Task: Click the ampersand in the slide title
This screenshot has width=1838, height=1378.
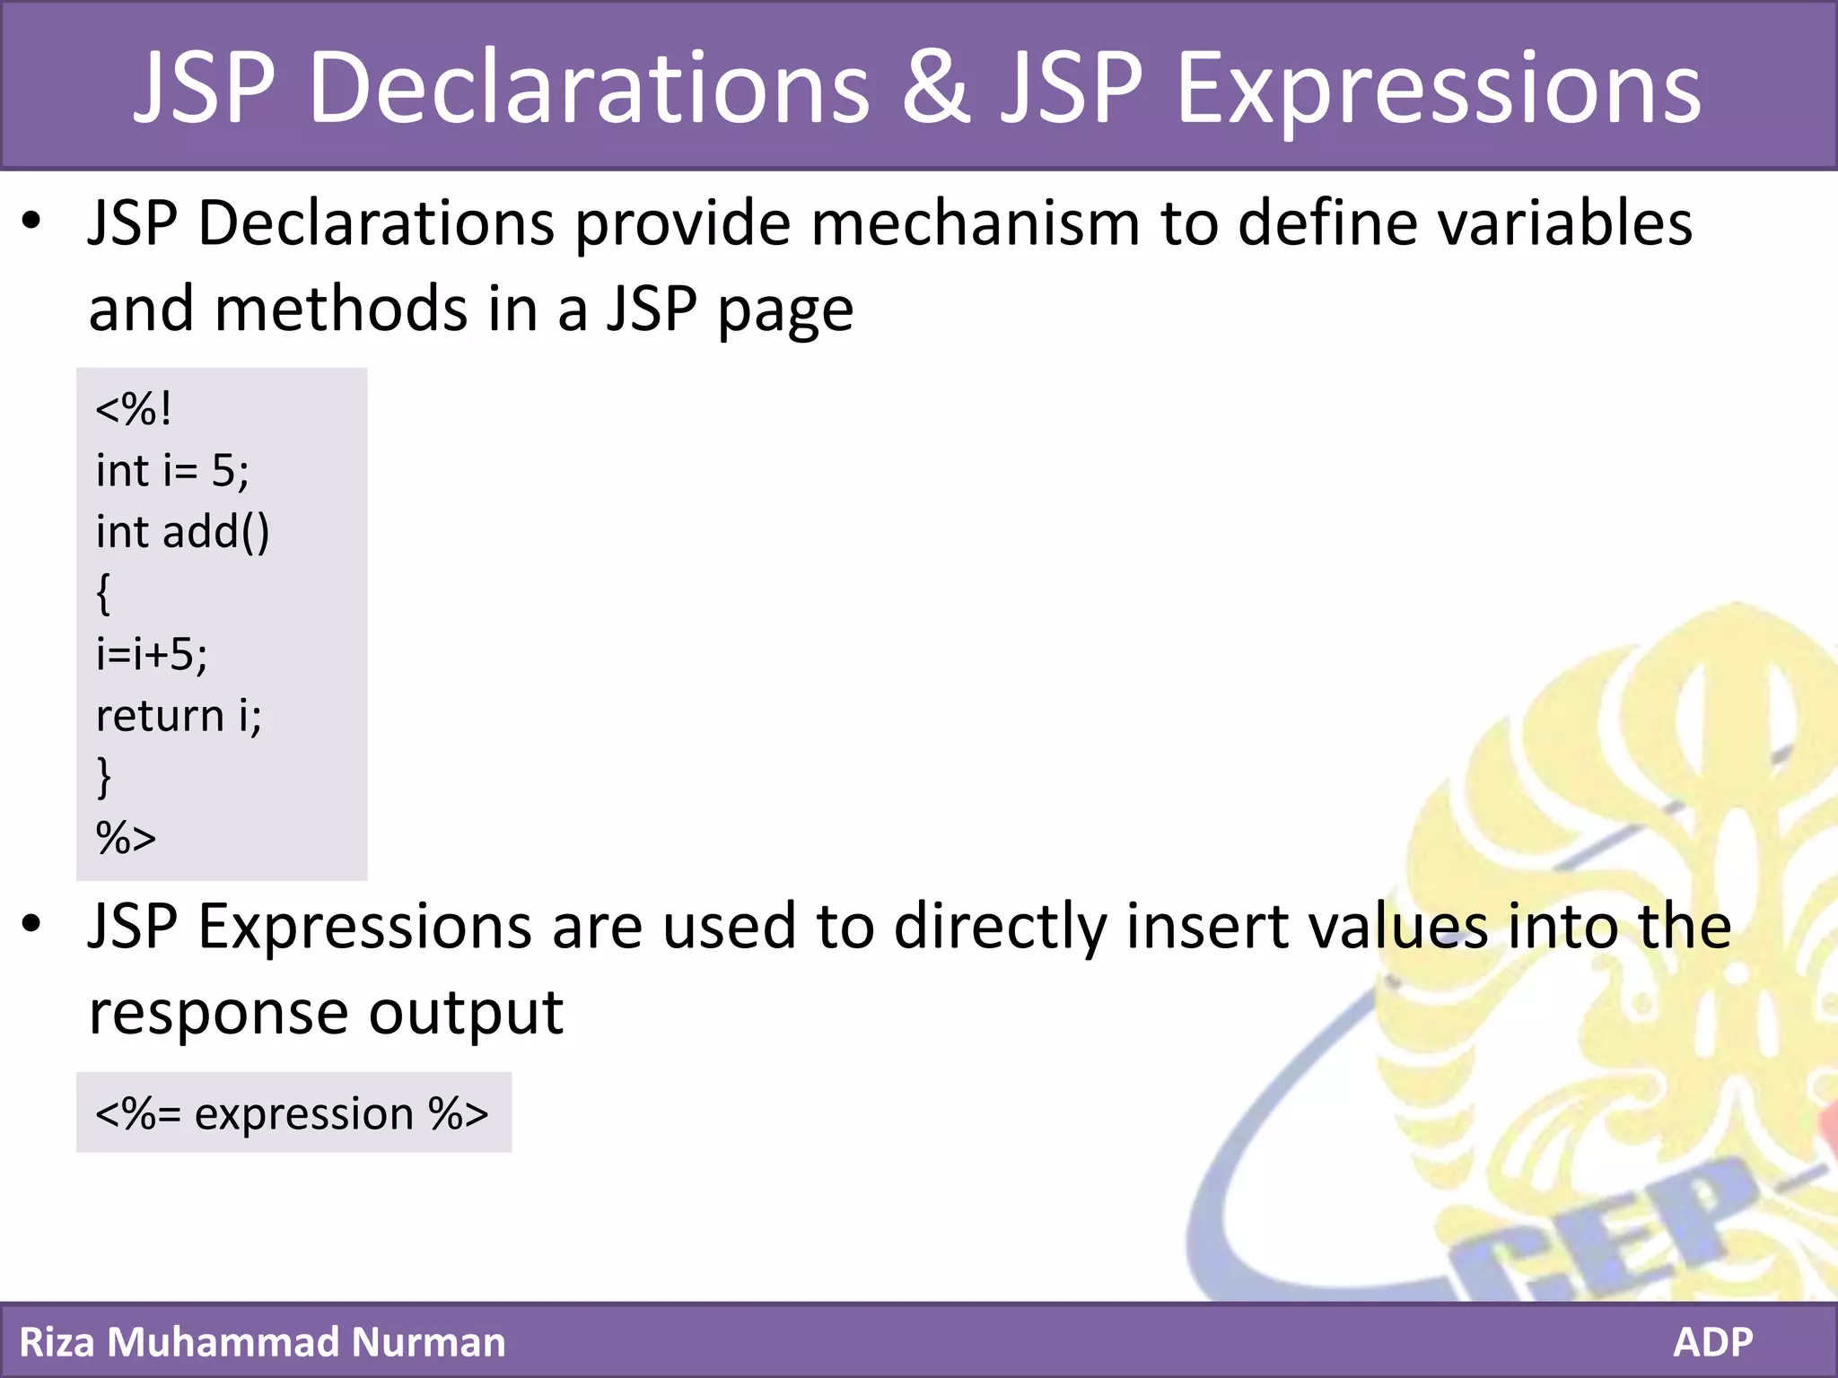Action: click(936, 87)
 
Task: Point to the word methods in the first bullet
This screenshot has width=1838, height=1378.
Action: click(341, 309)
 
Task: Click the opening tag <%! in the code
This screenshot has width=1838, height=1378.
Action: click(134, 410)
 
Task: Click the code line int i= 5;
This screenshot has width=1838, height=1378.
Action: click(172, 471)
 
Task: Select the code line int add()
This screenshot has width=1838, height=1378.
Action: click(182, 532)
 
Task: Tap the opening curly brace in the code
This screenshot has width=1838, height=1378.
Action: click(103, 593)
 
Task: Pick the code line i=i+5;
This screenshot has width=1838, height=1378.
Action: click(152, 654)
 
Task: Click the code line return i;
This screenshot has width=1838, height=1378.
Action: click(179, 716)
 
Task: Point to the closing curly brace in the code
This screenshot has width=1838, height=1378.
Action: click(104, 777)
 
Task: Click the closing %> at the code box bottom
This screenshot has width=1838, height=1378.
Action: click(126, 838)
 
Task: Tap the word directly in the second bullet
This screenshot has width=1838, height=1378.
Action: click(998, 928)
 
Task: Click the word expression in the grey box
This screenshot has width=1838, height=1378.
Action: click(304, 1114)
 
